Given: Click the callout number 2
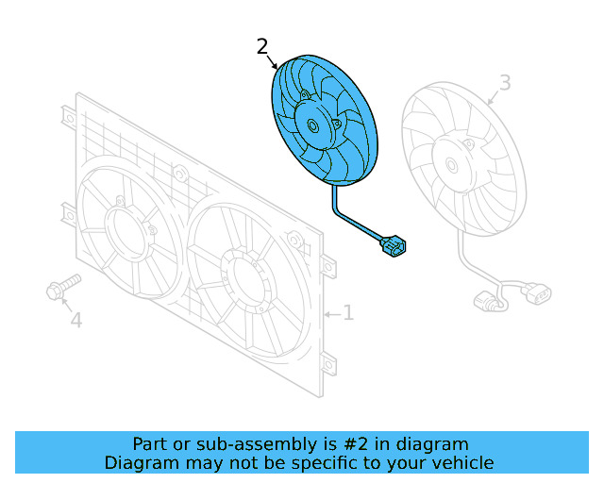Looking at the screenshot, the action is (x=262, y=46).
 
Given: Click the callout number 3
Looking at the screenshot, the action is (x=505, y=83).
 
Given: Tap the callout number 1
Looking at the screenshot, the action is (x=347, y=312).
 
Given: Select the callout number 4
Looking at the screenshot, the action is (x=75, y=321).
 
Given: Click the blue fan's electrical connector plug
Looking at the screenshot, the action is (x=393, y=247).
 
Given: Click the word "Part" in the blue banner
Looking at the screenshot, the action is (x=151, y=444).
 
